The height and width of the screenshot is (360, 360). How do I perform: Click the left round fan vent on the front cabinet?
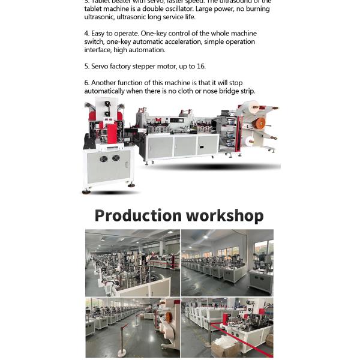[104, 159]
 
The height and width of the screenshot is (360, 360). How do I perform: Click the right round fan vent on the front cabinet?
[116, 158]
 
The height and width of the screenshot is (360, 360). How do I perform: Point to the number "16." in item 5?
[200, 67]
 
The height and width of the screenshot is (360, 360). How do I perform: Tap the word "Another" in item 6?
[104, 83]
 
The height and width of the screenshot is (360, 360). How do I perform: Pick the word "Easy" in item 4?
[100, 34]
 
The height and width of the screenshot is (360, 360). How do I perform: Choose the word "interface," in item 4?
[98, 50]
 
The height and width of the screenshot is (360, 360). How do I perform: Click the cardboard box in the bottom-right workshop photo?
[221, 349]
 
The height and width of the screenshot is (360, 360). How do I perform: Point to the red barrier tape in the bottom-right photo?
[240, 337]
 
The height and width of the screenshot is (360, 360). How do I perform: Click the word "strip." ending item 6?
[246, 91]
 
